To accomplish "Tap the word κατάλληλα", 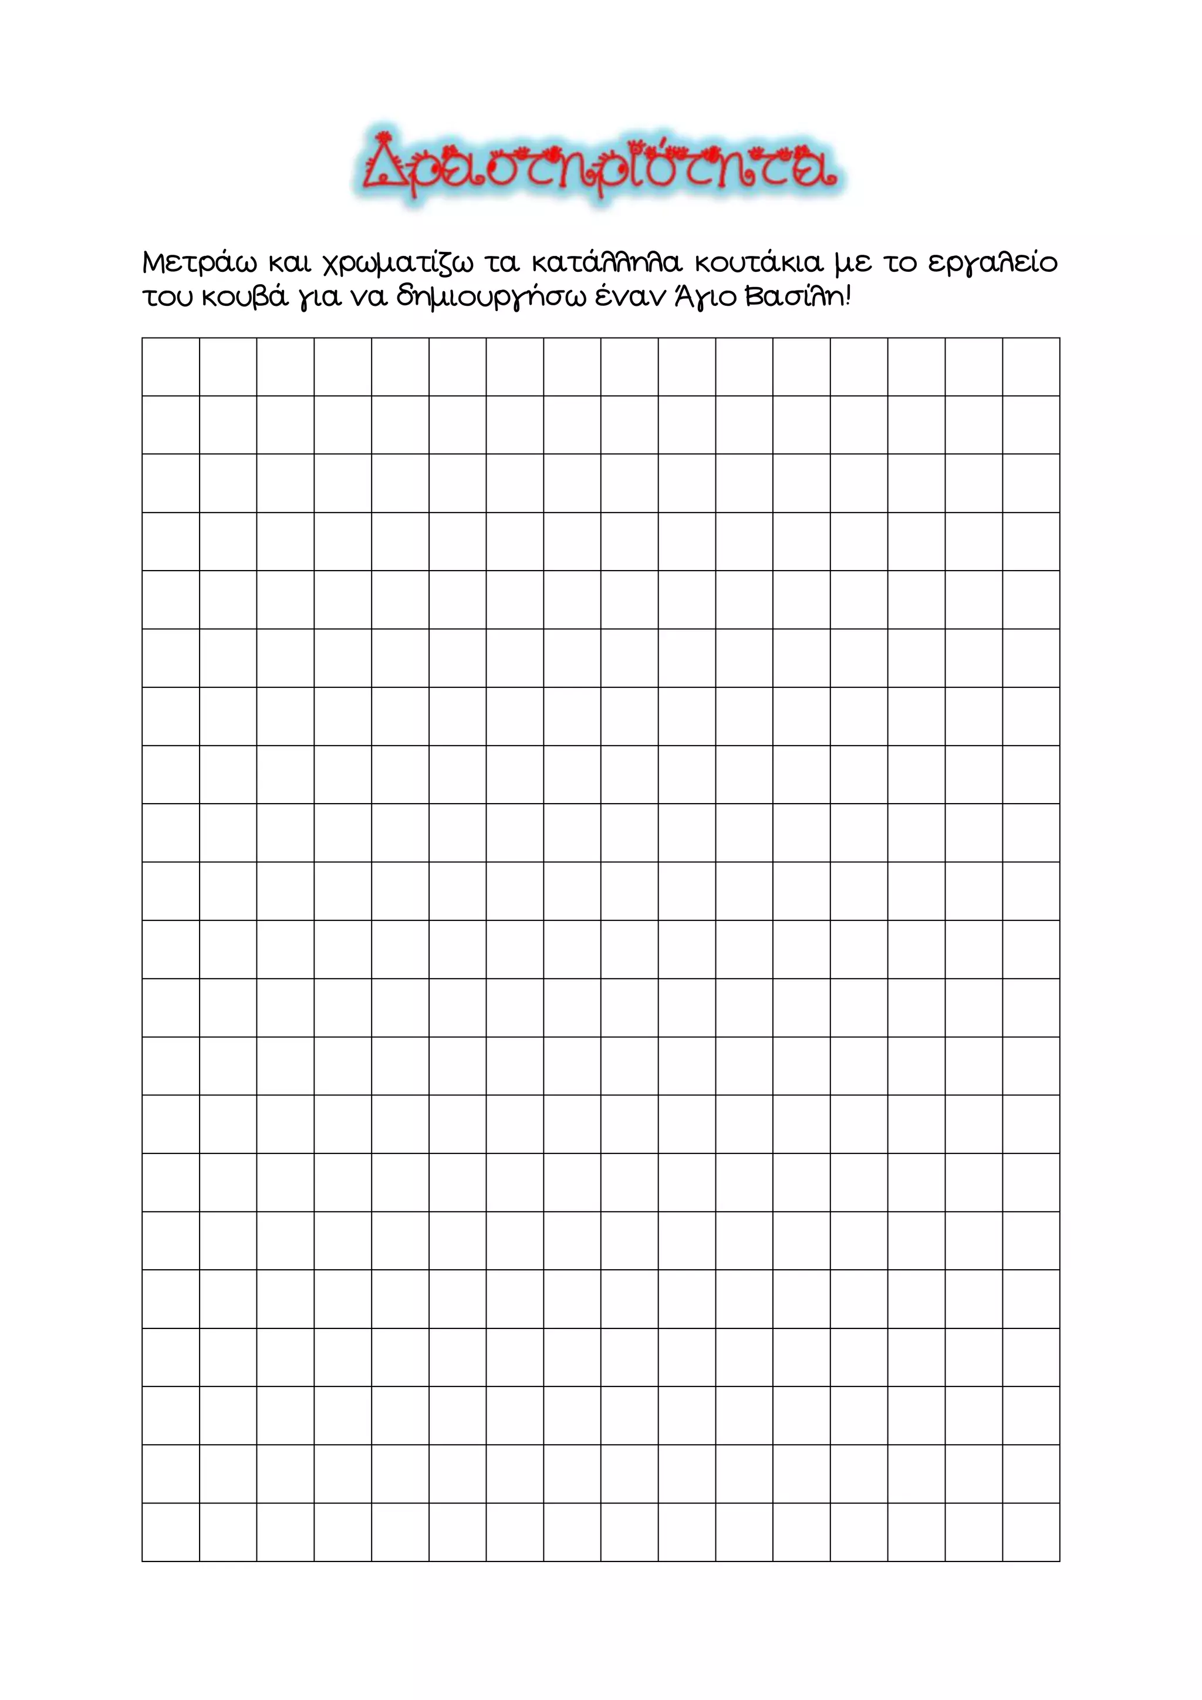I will coord(606,263).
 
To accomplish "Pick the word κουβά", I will coord(244,297).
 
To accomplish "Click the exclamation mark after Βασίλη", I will coord(848,296).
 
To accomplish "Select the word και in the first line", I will coord(289,263).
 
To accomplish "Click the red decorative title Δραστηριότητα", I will coord(599,166).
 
